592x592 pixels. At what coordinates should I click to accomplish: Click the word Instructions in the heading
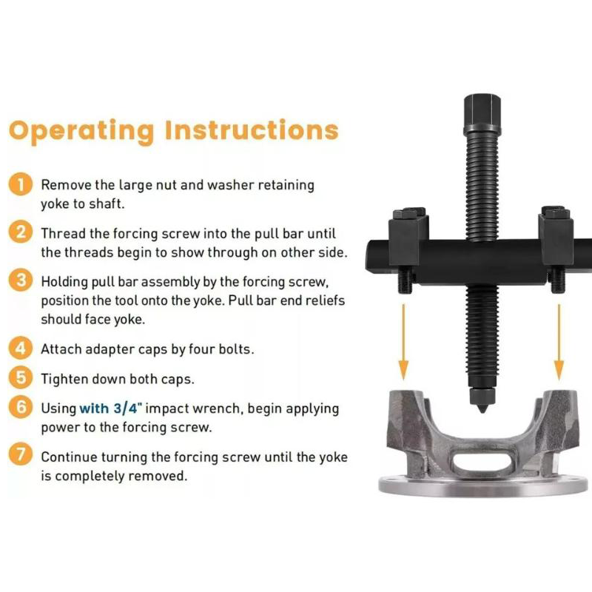pyautogui.click(x=252, y=130)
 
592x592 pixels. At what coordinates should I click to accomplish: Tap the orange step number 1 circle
pyautogui.click(x=21, y=184)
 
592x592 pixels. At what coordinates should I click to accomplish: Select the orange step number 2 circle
pyautogui.click(x=21, y=232)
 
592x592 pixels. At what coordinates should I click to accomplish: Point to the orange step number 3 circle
pyautogui.click(x=21, y=280)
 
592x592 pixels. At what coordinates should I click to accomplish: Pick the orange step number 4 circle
pyautogui.click(x=21, y=348)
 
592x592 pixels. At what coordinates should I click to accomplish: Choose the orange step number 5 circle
pyautogui.click(x=21, y=377)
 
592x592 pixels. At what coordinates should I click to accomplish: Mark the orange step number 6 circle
pyautogui.click(x=21, y=407)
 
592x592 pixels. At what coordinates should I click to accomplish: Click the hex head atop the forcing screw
pyautogui.click(x=482, y=114)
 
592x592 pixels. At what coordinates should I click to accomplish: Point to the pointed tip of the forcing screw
pyautogui.click(x=482, y=411)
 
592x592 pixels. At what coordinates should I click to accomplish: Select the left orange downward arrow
pyautogui.click(x=403, y=342)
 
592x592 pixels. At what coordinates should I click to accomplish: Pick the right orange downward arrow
pyautogui.click(x=559, y=342)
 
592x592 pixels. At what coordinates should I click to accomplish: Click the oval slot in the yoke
pyautogui.click(x=482, y=460)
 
